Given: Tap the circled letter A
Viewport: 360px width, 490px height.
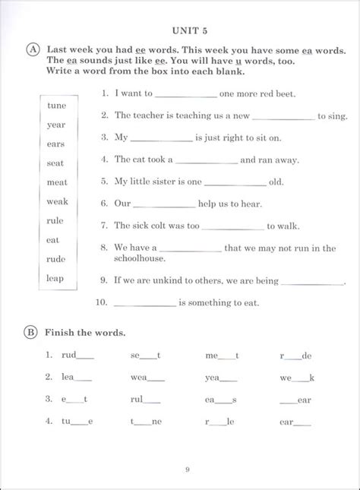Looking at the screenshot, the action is pos(32,49).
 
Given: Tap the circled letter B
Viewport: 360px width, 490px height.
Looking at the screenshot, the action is pos(32,332).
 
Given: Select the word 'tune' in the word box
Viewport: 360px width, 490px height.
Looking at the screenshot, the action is pos(57,106).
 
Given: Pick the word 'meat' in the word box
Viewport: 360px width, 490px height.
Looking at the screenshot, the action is pos(57,182).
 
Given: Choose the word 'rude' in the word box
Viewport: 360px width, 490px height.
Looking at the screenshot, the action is pos(56,259).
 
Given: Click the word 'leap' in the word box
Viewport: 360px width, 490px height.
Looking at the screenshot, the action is pos(55,278).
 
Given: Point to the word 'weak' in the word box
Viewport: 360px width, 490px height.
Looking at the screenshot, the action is pos(57,201).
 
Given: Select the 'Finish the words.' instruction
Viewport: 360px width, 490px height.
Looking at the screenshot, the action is pos(85,333).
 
